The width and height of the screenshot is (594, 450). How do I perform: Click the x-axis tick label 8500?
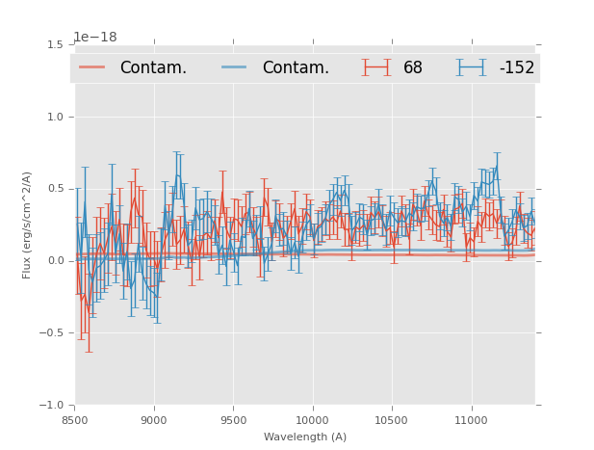pos(75,420)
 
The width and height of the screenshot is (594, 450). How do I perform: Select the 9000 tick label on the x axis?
pos(154,420)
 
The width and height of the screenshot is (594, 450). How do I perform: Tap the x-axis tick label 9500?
pos(233,420)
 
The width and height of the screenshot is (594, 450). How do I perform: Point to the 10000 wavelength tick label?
pos(312,420)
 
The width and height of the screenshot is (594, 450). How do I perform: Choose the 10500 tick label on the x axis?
pos(392,420)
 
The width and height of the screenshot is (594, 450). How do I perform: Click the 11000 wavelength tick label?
pos(471,420)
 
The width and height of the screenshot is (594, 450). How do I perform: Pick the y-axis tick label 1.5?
pos(56,44)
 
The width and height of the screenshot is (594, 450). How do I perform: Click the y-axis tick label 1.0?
pos(56,117)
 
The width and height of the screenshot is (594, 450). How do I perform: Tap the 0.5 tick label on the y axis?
pos(56,189)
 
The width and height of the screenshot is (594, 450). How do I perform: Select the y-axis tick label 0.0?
pos(56,261)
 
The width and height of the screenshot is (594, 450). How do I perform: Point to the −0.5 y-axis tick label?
pos(52,333)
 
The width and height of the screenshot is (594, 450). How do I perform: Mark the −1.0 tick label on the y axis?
pos(52,406)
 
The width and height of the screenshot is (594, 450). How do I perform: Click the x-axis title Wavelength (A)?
pos(305,437)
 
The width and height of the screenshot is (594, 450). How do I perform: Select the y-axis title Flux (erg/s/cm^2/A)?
pos(28,225)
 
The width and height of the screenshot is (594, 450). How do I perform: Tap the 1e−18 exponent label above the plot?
pos(95,38)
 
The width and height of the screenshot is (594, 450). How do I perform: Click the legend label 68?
pos(413,68)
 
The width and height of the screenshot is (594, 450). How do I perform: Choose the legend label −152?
pos(516,68)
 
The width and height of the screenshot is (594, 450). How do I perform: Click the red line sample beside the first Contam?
pos(92,67)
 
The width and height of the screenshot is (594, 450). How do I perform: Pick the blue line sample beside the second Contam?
pos(235,67)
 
